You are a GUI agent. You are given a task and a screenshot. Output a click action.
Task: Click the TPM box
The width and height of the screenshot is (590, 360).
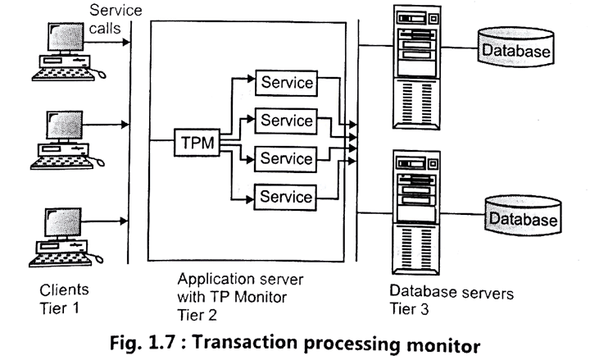(197, 142)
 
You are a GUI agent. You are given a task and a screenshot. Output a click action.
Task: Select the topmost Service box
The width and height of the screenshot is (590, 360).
(285, 83)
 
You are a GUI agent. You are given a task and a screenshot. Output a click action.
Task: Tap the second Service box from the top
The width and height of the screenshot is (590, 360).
(285, 121)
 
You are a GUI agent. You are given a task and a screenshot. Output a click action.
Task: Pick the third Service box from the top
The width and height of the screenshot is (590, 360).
(285, 157)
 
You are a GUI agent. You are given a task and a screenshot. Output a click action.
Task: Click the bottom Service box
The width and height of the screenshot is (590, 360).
(285, 196)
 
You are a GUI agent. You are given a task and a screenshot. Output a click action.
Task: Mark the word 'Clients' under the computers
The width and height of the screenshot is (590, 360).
(63, 289)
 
